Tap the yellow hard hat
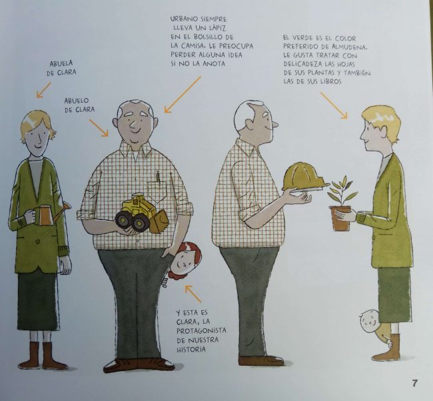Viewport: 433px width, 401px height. [x=304, y=177]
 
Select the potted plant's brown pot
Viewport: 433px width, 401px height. [x=340, y=218]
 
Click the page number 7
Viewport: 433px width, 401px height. [x=414, y=383]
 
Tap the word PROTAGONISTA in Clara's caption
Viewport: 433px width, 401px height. [x=201, y=330]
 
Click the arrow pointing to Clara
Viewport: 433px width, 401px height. [x=193, y=294]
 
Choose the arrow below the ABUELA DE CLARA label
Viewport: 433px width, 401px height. [x=44, y=89]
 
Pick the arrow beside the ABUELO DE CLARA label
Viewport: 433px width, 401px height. [x=99, y=128]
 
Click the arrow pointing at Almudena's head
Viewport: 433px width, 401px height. [x=334, y=105]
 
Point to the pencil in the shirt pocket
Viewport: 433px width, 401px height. [x=159, y=176]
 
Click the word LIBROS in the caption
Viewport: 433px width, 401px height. [x=330, y=81]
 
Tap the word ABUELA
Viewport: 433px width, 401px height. [x=61, y=63]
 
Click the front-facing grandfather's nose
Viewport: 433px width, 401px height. [x=133, y=125]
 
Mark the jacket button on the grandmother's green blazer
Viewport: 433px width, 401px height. [x=38, y=242]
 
